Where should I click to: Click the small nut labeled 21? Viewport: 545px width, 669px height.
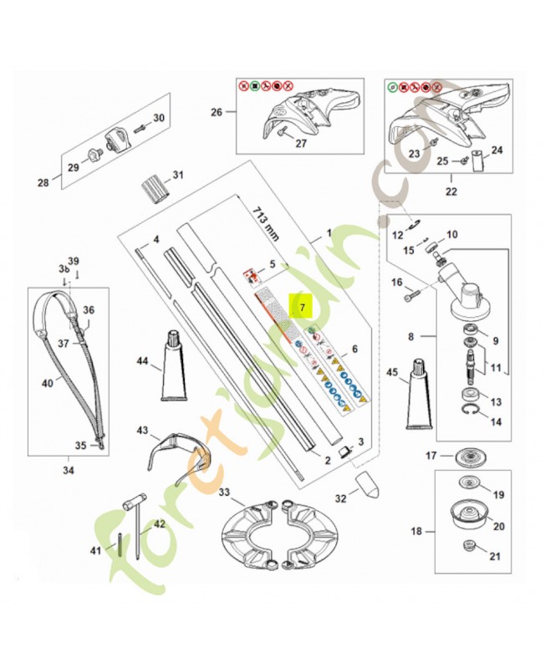(469, 549)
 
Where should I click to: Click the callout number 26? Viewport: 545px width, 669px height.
(216, 113)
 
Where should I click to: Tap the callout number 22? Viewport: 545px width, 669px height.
(452, 190)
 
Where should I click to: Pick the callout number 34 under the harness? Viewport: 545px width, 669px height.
(69, 470)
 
